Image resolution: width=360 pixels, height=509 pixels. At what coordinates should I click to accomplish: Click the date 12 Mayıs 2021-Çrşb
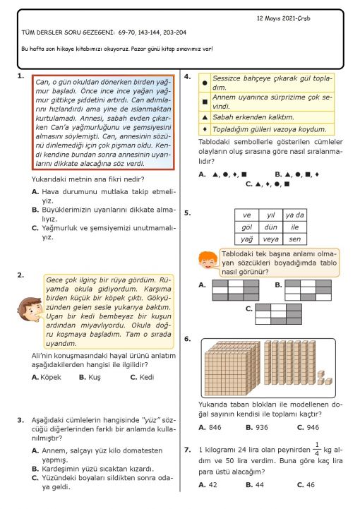(283, 18)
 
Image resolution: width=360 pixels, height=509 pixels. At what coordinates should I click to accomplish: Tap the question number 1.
(20, 76)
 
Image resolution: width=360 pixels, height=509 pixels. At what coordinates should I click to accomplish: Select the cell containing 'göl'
(247, 227)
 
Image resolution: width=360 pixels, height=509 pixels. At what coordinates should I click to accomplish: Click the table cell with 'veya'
(271, 239)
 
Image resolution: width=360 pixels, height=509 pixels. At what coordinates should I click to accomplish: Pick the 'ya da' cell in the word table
(295, 215)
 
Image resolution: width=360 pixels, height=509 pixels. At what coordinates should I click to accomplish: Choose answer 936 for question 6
(257, 427)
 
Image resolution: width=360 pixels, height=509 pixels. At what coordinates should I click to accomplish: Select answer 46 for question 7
(306, 485)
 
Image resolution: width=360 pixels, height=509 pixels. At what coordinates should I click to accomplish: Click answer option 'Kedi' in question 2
(142, 377)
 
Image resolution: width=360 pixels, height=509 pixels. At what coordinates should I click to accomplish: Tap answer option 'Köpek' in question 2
(47, 377)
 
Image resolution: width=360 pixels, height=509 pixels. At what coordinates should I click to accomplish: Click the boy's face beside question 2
(30, 310)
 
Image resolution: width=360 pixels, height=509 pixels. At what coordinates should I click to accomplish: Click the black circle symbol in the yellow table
(205, 83)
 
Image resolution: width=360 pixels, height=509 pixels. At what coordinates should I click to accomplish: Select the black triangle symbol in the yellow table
(205, 117)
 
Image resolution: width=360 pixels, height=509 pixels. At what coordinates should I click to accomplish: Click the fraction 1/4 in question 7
(317, 449)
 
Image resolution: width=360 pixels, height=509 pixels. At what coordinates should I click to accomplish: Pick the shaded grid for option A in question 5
(236, 290)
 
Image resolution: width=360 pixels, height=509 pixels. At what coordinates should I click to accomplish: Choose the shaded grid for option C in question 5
(279, 314)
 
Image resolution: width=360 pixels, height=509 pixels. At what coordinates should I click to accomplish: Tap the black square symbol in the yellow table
(205, 102)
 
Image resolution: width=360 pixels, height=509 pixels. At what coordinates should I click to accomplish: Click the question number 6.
(187, 339)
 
